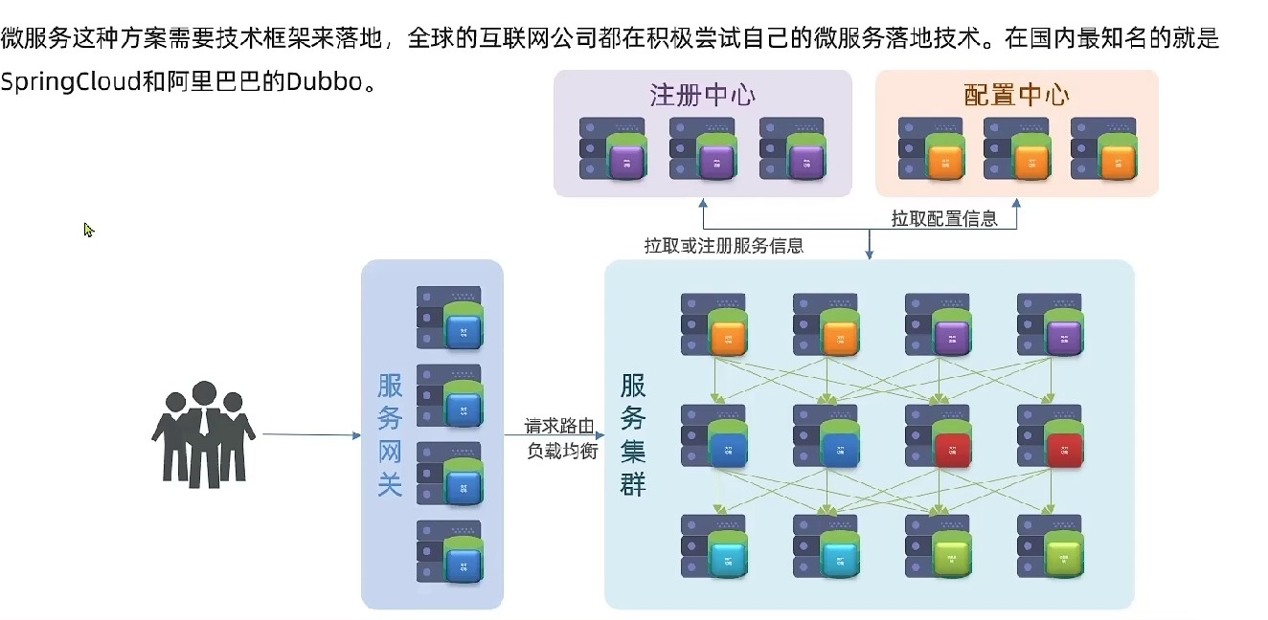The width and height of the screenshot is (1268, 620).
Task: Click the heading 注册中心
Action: [x=702, y=95]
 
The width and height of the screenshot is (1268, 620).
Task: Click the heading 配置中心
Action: [x=1016, y=95]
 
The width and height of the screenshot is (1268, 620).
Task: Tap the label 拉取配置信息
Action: [x=944, y=219]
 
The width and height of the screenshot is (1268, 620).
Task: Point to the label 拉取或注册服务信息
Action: [x=723, y=246]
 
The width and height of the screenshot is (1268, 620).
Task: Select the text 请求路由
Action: [x=560, y=426]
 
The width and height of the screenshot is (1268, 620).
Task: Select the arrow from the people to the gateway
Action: [x=310, y=434]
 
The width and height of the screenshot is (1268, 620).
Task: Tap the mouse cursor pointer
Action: [x=88, y=230]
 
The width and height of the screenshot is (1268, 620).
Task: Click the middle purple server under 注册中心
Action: [x=703, y=149]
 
